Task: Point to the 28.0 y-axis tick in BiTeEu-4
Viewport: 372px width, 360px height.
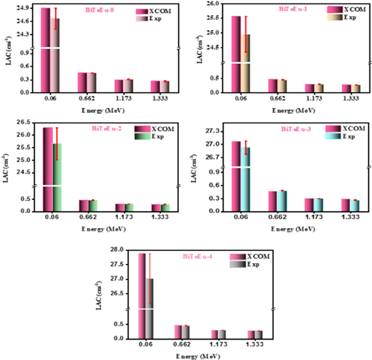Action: pyautogui.click(x=117, y=250)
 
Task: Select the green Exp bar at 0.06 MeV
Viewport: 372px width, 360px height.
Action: pyautogui.click(x=56, y=175)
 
